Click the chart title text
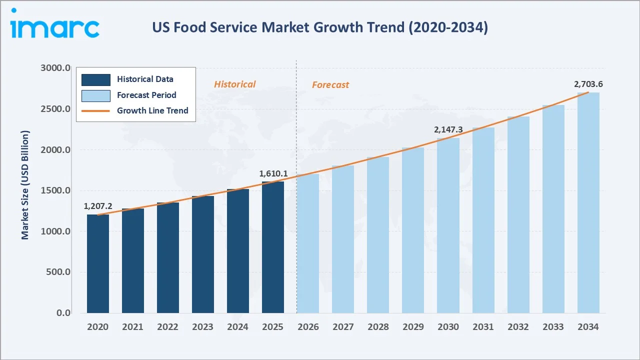[x=320, y=28]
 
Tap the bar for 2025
[x=273, y=247]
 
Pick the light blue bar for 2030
[x=448, y=225]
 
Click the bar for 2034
[x=588, y=203]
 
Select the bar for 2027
[x=343, y=239]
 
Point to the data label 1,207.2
[x=98, y=206]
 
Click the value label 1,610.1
[x=273, y=173]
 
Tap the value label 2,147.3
[x=448, y=129]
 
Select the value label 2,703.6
[x=588, y=84]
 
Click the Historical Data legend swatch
[x=96, y=79]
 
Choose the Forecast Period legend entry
[x=146, y=95]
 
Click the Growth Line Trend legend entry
[x=152, y=110]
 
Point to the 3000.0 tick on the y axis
[x=55, y=68]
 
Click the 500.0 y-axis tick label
[x=57, y=272]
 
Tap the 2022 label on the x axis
[x=167, y=327]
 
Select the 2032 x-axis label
[x=518, y=327]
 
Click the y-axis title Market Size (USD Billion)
[x=25, y=185]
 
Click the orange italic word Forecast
[x=330, y=85]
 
